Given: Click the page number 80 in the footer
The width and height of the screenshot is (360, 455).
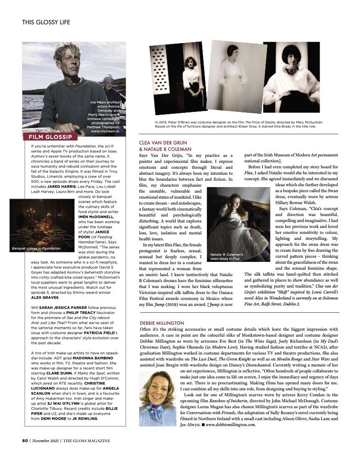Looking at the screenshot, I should coord(25,441).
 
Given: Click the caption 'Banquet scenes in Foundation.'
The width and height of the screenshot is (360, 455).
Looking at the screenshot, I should coord(37,249).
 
